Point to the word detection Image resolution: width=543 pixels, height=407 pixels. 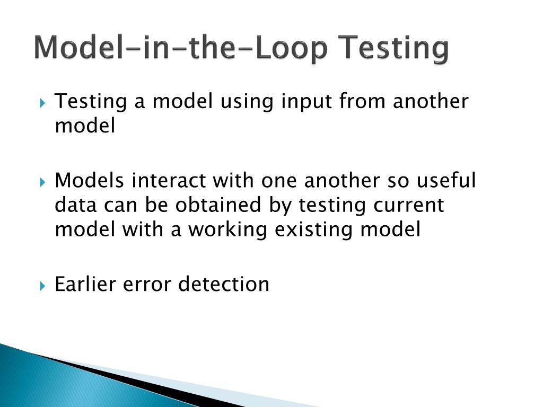point(224,284)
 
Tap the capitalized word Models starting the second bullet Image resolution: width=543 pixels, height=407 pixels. point(90,181)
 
